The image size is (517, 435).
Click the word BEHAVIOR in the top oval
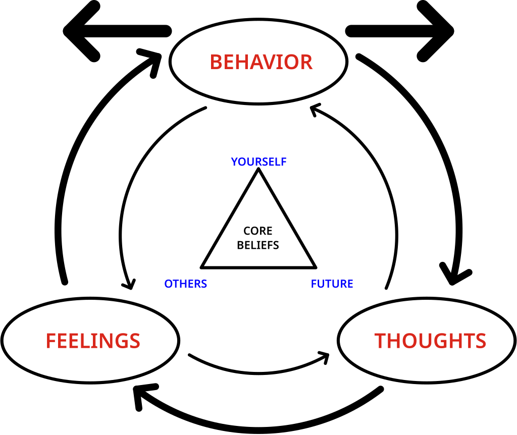click(x=261, y=62)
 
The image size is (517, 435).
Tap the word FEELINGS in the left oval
click(x=93, y=341)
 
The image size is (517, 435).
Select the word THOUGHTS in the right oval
click(x=430, y=341)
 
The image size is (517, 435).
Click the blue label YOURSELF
click(x=258, y=162)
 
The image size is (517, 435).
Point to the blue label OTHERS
click(x=185, y=284)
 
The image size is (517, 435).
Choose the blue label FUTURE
click(x=332, y=284)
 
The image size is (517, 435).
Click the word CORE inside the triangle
click(x=258, y=231)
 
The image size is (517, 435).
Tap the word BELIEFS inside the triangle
click(x=258, y=245)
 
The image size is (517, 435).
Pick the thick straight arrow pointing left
click(x=116, y=31)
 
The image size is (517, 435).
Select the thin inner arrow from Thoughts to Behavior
click(x=386, y=192)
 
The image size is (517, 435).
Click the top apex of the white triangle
click(x=258, y=171)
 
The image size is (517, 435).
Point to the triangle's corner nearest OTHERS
click(x=202, y=266)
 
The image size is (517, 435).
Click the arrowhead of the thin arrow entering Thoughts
click(x=324, y=356)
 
